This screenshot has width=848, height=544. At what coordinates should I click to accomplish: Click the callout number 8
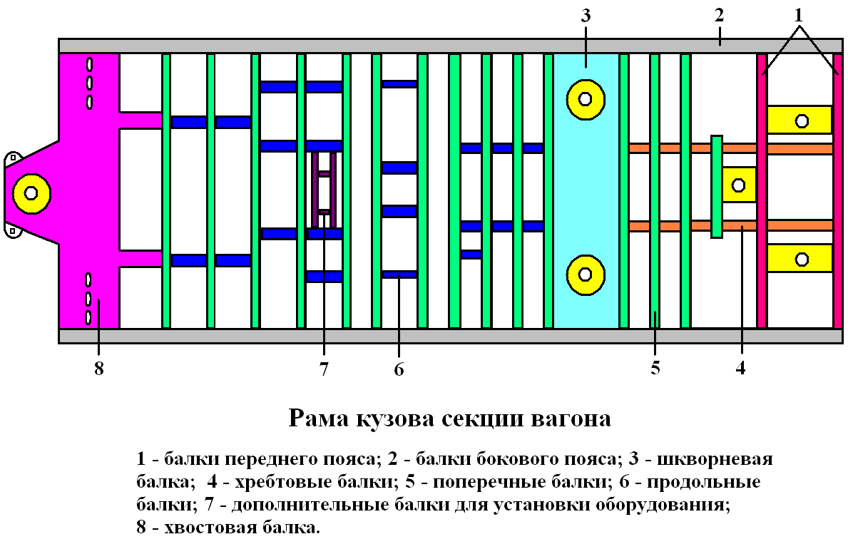click(x=98, y=369)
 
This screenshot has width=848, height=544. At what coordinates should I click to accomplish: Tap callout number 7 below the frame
click(x=324, y=369)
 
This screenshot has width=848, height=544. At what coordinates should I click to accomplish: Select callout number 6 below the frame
click(x=399, y=369)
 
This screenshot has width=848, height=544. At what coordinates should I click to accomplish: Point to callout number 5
click(x=655, y=369)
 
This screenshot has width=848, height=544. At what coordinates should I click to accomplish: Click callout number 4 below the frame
click(x=741, y=369)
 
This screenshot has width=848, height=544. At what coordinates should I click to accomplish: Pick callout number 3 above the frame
click(x=586, y=16)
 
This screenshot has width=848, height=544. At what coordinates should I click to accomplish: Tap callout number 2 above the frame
click(x=720, y=16)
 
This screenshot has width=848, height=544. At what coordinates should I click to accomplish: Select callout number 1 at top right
click(x=800, y=14)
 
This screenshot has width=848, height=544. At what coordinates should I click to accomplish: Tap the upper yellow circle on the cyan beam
click(x=586, y=98)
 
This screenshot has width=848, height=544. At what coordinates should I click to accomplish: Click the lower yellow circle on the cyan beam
click(x=586, y=274)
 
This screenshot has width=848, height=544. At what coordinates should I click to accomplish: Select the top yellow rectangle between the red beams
click(x=800, y=120)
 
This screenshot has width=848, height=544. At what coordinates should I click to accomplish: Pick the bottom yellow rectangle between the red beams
click(x=800, y=258)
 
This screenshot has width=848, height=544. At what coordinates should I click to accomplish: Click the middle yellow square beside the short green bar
click(x=739, y=185)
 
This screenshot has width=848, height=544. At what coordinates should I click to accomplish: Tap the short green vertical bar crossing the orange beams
click(x=717, y=185)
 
